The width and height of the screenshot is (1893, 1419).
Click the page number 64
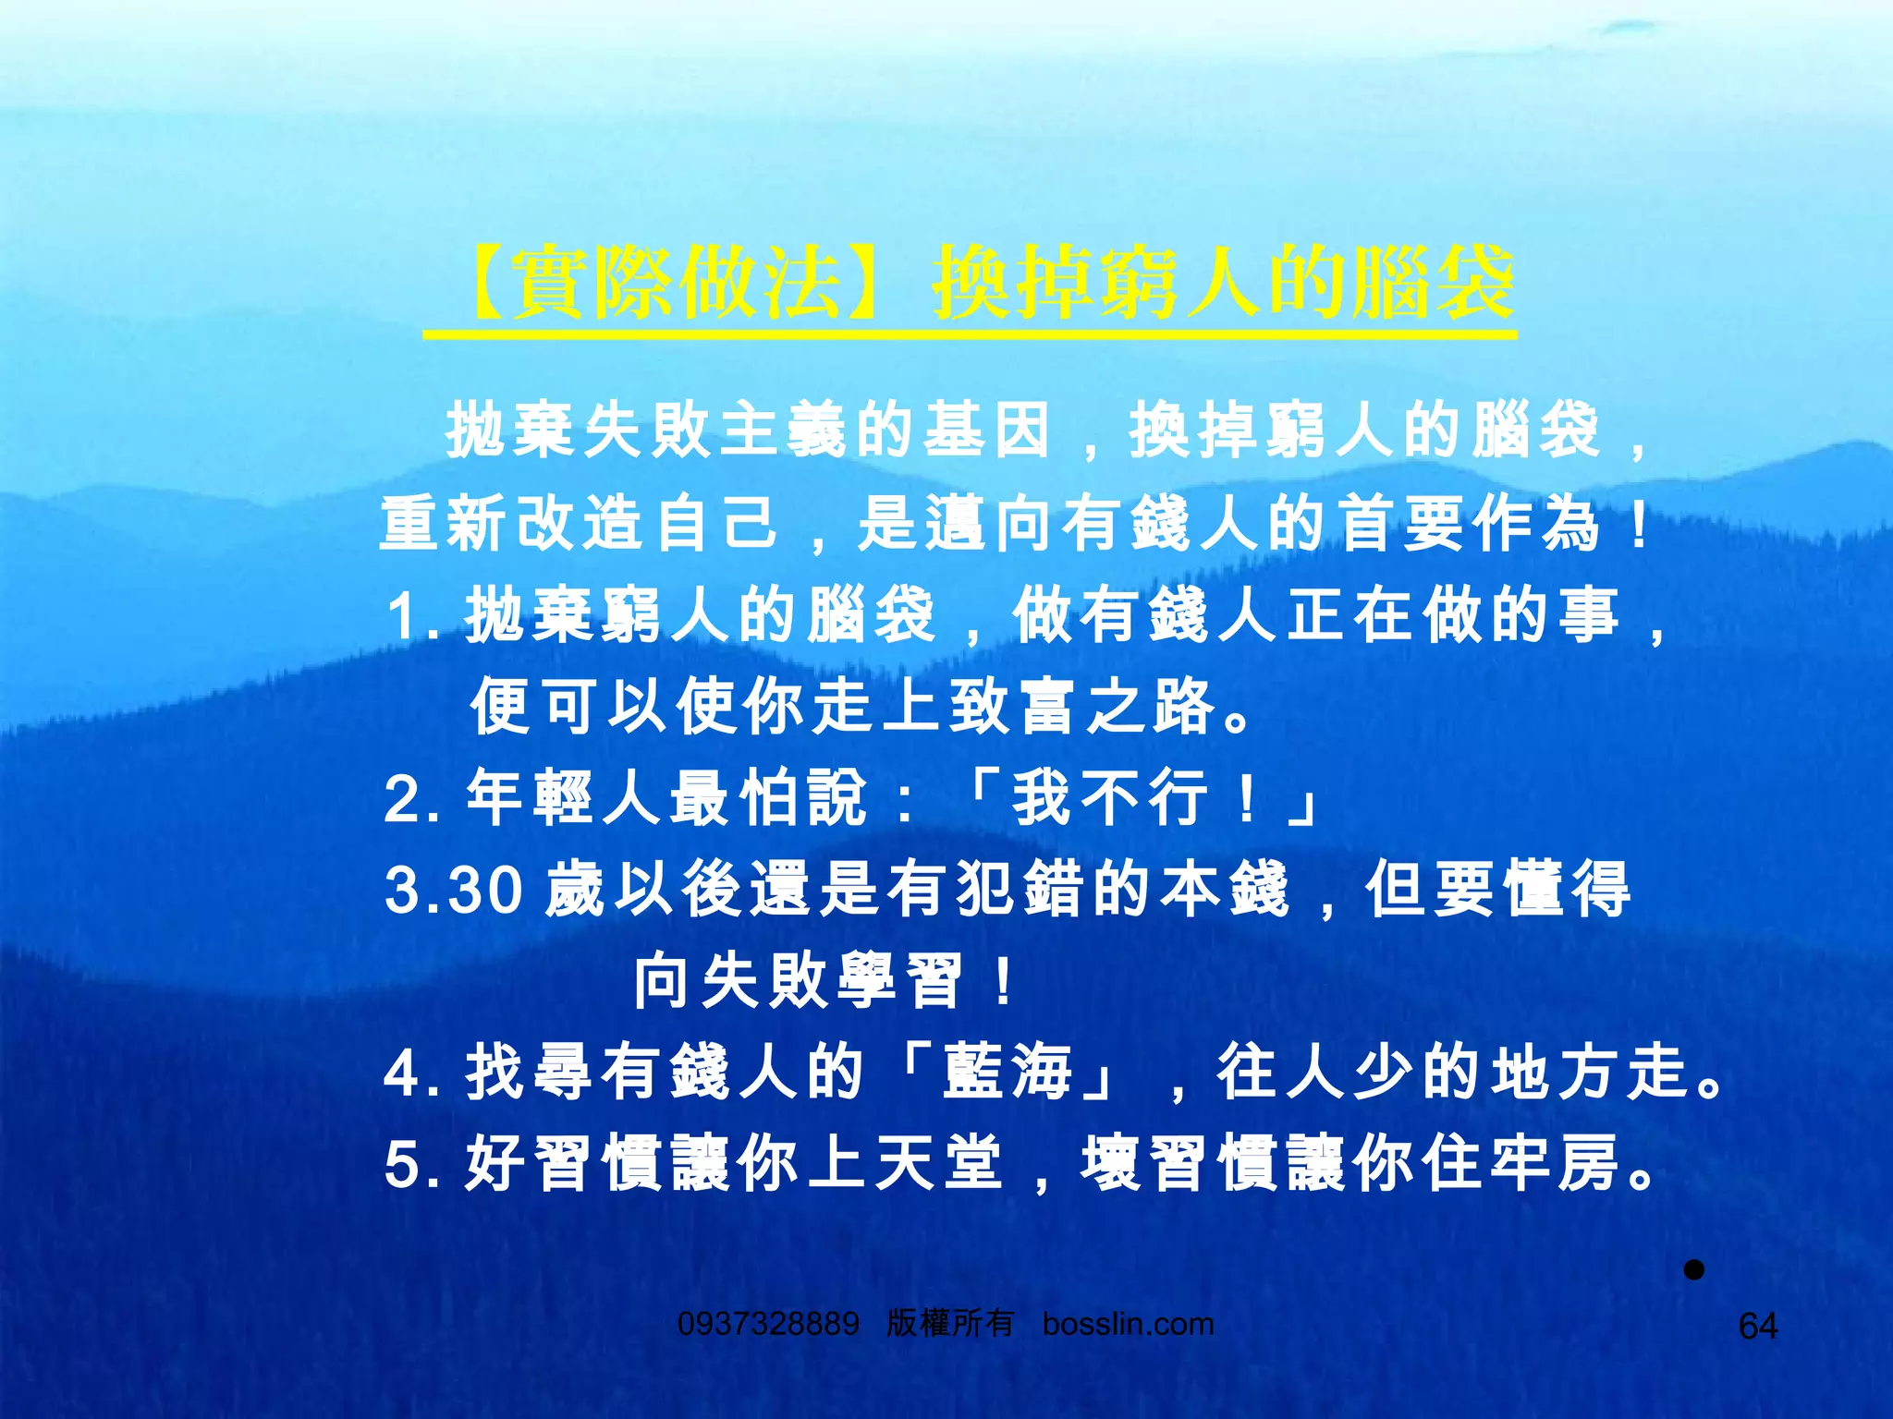[x=1757, y=1327]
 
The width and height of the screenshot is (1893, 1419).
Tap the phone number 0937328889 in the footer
[x=768, y=1324]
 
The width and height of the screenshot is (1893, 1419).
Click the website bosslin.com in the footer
[x=1128, y=1324]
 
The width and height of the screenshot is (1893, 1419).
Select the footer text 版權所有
[x=950, y=1324]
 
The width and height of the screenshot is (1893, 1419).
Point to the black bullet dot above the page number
[x=1693, y=1270]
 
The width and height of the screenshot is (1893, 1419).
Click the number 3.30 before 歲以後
[x=454, y=890]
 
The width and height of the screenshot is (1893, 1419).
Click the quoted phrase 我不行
[x=1109, y=798]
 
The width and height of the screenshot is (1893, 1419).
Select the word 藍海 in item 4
[x=1008, y=1073]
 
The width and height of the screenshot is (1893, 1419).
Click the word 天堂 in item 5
[x=938, y=1164]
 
